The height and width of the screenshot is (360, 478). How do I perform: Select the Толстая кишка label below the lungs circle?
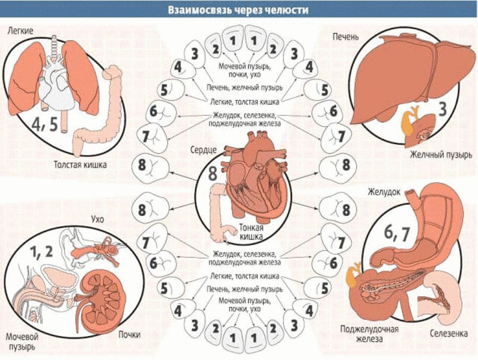[80, 165]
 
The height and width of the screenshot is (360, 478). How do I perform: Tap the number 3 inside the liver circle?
[443, 109]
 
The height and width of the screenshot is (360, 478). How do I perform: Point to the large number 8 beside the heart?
[213, 174]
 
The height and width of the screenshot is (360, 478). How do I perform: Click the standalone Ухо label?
[97, 219]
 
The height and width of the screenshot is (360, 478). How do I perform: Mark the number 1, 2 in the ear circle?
[41, 251]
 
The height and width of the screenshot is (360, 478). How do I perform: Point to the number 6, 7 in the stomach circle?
[394, 235]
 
